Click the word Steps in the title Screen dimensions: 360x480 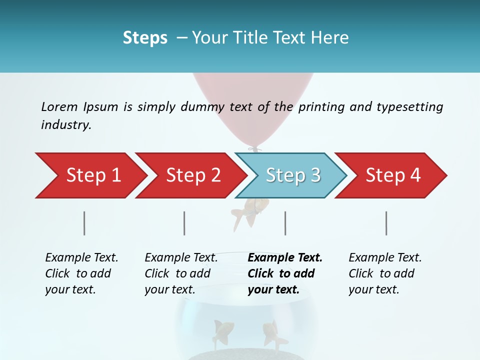tap(145, 38)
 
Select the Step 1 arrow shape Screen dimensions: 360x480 tap(90, 175)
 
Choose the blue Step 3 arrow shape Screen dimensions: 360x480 tap(292, 175)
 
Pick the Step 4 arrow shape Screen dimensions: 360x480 tap(392, 175)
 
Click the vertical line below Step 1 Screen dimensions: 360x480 tap(84, 223)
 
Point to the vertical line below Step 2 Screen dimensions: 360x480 tap(184, 223)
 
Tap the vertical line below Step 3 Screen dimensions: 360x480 tap(285, 223)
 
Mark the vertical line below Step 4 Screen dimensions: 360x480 tap(386, 223)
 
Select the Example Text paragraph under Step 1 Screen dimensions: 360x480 tap(81, 273)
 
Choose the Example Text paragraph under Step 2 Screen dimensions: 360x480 tap(181, 273)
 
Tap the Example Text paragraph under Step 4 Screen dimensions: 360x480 tap(384, 273)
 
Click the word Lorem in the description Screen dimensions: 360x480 tap(59, 107)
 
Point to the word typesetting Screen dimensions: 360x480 tap(409, 107)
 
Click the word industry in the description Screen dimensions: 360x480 tap(65, 125)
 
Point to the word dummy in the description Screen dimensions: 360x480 tap(202, 107)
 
